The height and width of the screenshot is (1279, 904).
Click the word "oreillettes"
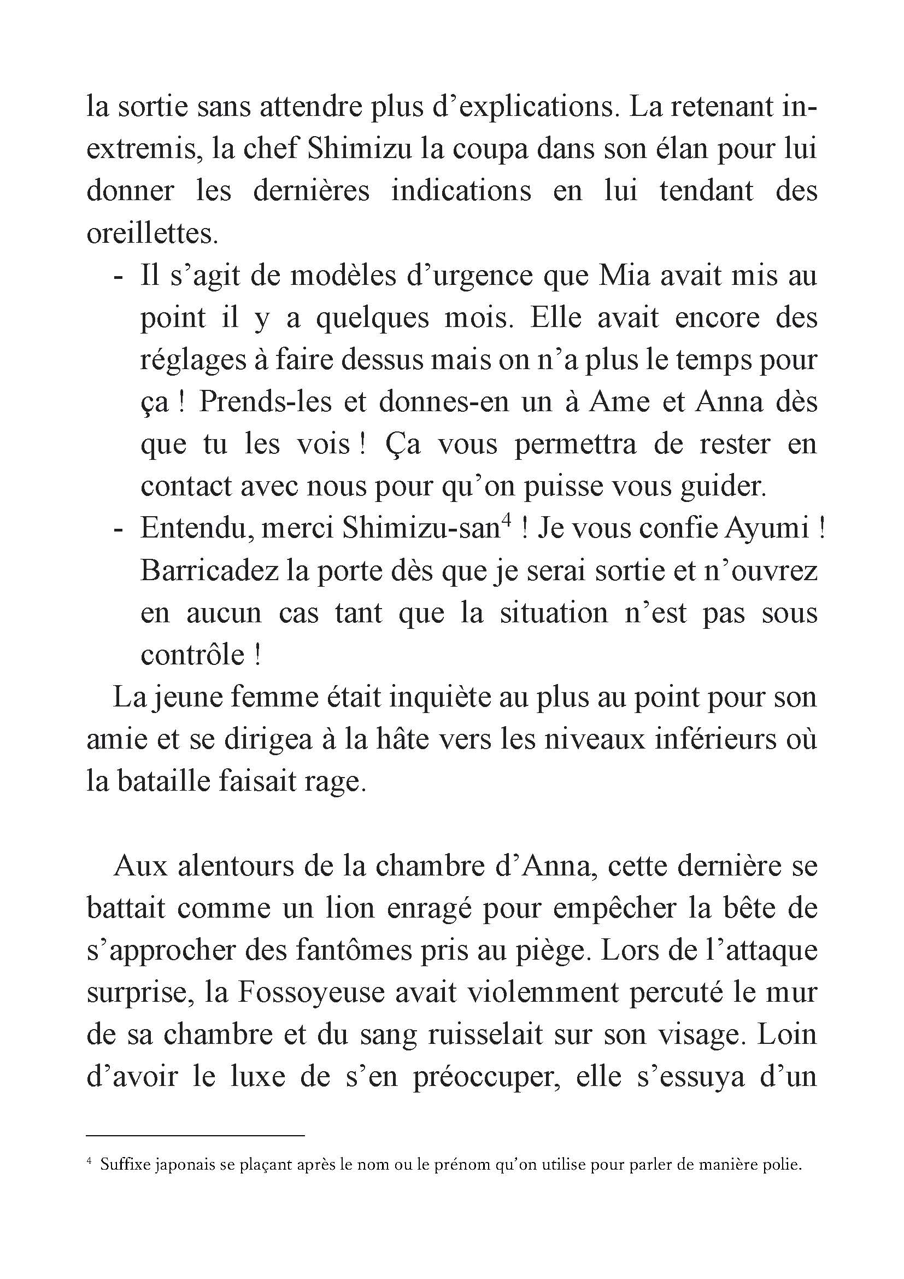pyautogui.click(x=150, y=234)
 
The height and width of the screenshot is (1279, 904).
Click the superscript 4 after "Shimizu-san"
pyautogui.click(x=506, y=522)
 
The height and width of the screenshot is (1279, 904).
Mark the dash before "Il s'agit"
pyautogui.click(x=118, y=277)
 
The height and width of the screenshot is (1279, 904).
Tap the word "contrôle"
pyautogui.click(x=192, y=655)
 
